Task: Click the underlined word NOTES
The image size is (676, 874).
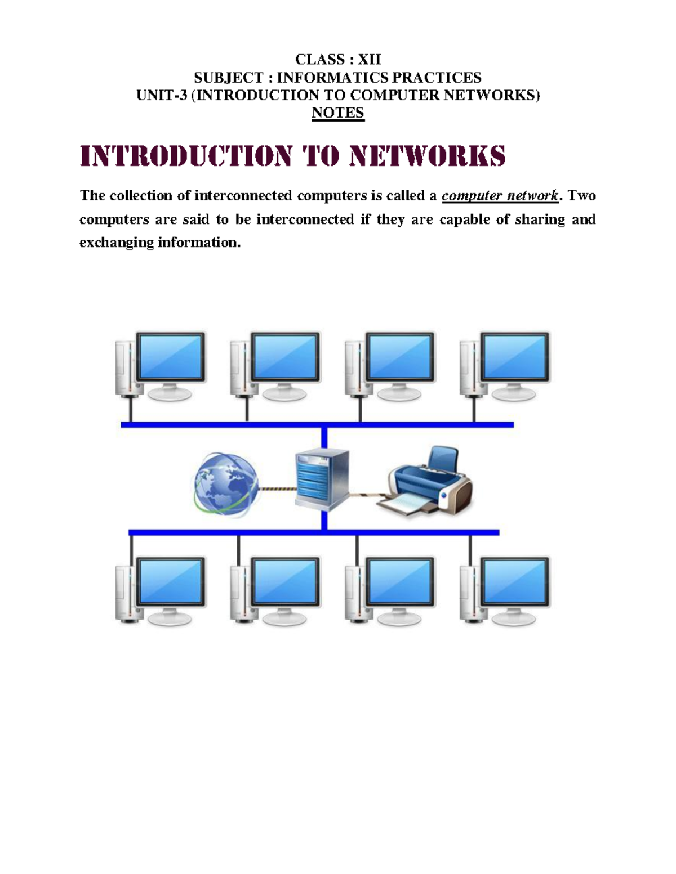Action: tap(338, 113)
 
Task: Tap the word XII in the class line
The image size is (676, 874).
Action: tap(370, 59)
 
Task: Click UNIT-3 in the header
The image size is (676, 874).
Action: tap(161, 95)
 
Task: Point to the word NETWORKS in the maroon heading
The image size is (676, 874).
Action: tap(427, 156)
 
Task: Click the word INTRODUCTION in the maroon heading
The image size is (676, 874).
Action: tap(186, 156)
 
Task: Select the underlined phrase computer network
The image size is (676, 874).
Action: tap(500, 196)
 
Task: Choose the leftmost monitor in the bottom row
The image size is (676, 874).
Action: tap(170, 583)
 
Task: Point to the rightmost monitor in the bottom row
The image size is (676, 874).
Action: tap(514, 583)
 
